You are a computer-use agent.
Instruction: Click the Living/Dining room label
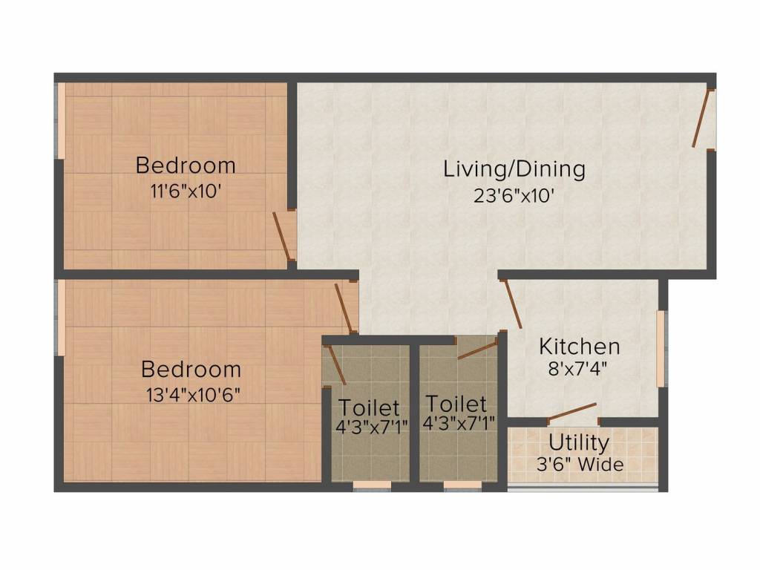(x=514, y=169)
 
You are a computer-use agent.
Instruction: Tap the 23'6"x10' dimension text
(x=514, y=196)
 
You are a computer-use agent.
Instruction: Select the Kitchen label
(x=579, y=347)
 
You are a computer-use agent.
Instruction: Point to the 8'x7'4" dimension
(x=577, y=370)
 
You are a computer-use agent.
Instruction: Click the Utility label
(x=579, y=442)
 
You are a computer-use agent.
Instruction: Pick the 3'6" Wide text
(x=580, y=465)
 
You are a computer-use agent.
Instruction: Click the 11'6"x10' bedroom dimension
(x=186, y=191)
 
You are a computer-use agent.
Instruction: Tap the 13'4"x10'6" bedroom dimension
(x=194, y=395)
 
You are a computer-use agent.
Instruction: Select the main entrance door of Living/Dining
(x=701, y=118)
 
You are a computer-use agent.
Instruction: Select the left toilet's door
(x=336, y=364)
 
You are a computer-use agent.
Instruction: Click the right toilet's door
(x=477, y=350)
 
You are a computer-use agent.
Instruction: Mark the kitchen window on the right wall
(x=661, y=349)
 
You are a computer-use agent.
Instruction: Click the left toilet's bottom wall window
(x=372, y=485)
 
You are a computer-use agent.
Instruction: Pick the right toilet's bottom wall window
(x=463, y=485)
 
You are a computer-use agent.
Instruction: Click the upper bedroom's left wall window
(x=62, y=121)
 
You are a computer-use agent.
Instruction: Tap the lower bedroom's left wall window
(x=62, y=318)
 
